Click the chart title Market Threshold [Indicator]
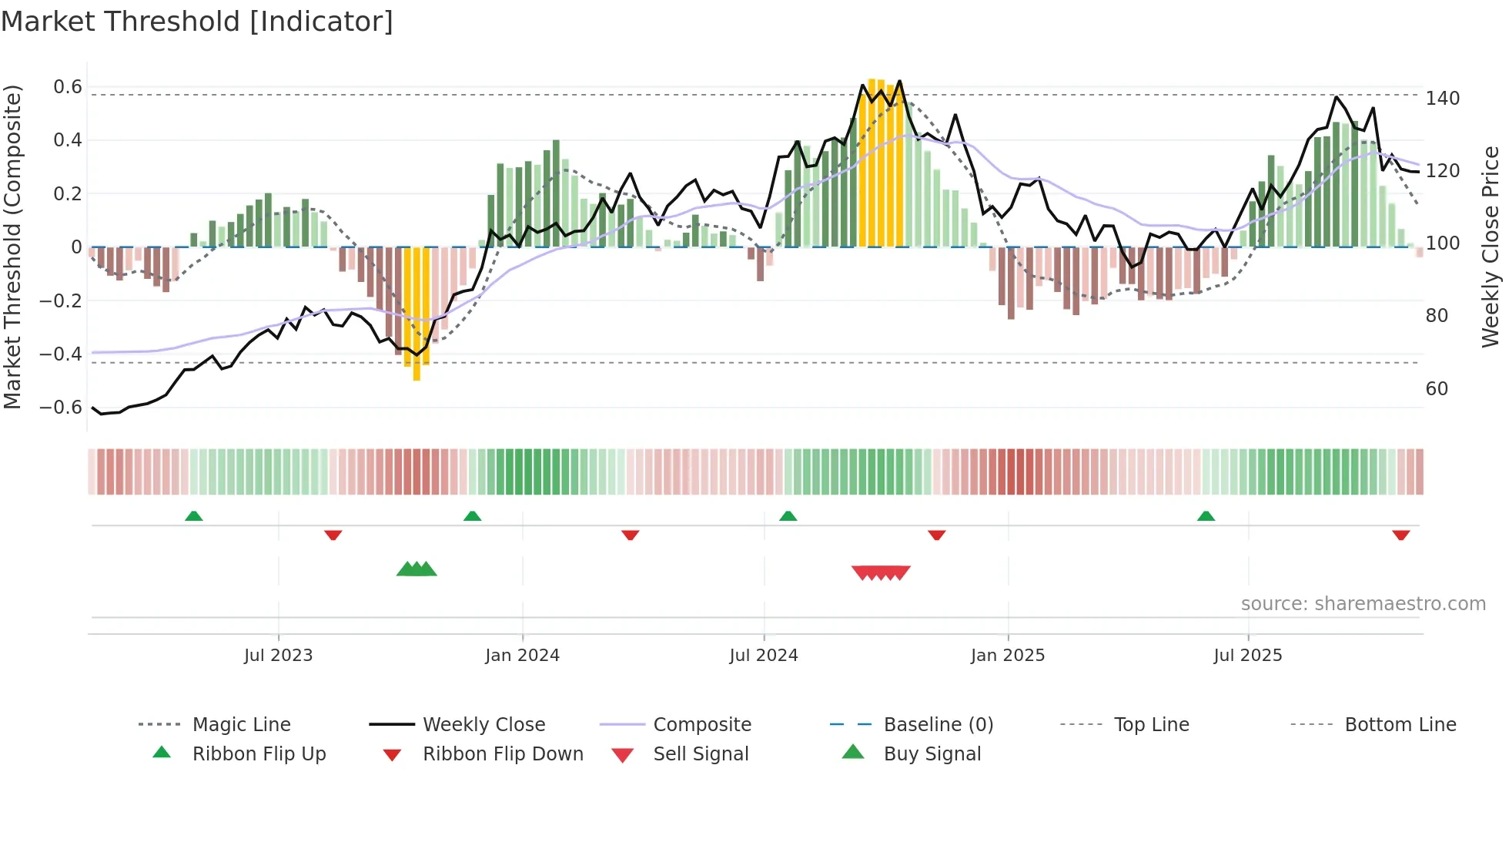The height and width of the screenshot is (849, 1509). coord(197,22)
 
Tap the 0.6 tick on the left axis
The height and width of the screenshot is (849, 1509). coord(68,87)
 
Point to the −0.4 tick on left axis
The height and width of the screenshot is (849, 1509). coord(61,354)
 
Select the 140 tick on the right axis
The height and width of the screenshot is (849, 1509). coord(1442,99)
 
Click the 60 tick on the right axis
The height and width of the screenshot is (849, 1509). coord(1437,389)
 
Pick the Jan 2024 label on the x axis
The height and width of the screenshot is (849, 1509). coord(522,656)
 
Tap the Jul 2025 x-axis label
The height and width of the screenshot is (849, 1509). coord(1247,656)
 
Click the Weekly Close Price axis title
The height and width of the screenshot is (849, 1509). coord(1491,247)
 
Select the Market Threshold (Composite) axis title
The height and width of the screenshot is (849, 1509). coord(12,247)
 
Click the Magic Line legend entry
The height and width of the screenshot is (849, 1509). coord(241,725)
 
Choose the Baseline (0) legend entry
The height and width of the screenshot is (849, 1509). coord(938,725)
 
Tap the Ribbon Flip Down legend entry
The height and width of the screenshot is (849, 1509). coord(502,754)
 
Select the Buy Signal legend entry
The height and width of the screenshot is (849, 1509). coord(932,754)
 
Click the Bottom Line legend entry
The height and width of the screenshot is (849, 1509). coord(1400,725)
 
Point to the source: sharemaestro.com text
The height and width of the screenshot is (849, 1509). coord(1363,604)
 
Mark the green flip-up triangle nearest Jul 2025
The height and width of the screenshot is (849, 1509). coord(1206,516)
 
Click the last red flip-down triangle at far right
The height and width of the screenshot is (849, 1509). coord(1400,535)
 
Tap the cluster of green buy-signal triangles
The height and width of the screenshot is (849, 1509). coord(417,569)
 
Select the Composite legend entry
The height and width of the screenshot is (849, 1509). coord(701,725)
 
